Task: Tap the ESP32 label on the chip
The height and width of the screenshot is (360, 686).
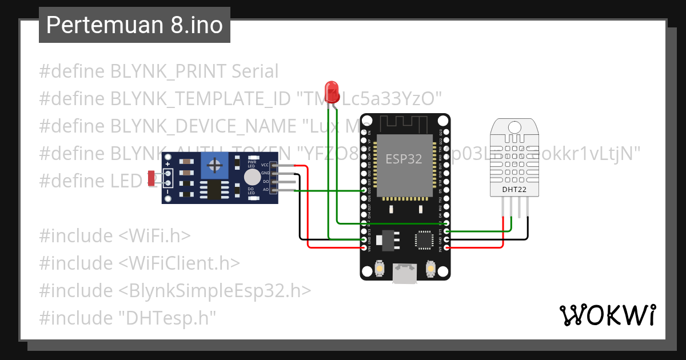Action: [x=404, y=159]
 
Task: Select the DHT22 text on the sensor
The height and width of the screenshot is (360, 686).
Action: [x=514, y=190]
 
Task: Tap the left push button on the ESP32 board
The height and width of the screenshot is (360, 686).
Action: [x=379, y=268]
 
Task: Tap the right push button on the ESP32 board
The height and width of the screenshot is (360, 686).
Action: [x=431, y=268]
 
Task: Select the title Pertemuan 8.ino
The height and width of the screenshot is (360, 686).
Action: [x=134, y=25]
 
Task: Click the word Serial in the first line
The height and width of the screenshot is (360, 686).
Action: [x=255, y=71]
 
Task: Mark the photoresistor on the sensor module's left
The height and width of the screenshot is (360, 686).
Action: [x=152, y=178]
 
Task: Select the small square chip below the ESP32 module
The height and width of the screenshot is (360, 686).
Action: [x=424, y=239]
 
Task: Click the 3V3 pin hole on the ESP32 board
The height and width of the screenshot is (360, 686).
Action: [x=446, y=248]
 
